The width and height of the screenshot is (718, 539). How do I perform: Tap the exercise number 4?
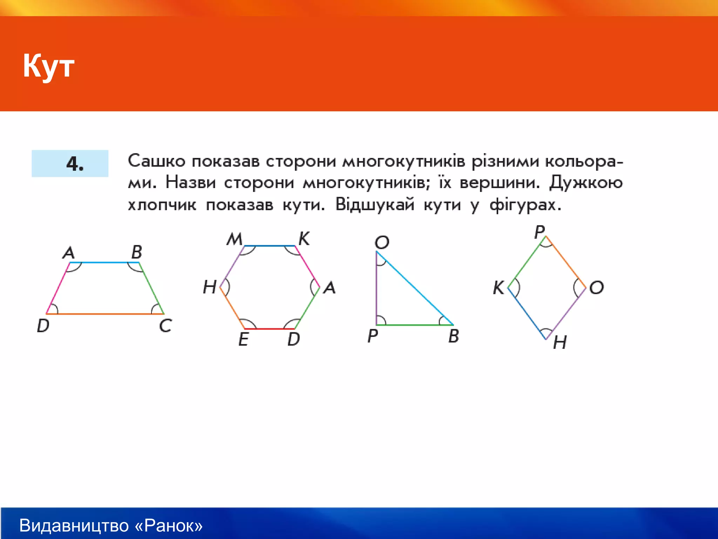[75, 164]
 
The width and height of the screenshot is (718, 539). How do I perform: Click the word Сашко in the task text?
[156, 161]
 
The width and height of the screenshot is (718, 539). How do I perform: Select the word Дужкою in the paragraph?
[586, 182]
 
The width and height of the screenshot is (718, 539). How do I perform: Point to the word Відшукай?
[374, 204]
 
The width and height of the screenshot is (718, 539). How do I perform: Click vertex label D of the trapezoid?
[43, 326]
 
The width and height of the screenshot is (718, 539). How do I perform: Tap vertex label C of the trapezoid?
[165, 326]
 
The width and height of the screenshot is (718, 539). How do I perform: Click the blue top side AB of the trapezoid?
[104, 262]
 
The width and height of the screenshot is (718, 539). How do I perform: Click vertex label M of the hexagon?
[234, 239]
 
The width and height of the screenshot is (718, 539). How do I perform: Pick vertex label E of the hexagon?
[243, 339]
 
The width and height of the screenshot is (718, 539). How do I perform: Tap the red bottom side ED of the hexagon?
[269, 329]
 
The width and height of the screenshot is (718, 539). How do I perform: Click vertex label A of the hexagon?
[330, 288]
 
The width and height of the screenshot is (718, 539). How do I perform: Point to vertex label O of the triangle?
[382, 242]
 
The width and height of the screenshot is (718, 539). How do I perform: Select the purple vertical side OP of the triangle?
[376, 288]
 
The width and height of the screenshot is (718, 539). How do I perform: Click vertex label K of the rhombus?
[498, 288]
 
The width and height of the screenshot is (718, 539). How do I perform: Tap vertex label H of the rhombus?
[560, 342]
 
